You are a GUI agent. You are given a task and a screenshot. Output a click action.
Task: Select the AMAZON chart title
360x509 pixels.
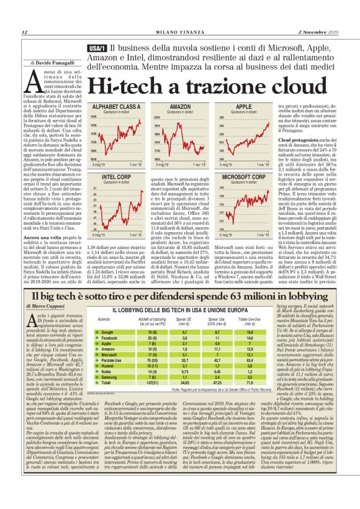(x=162, y=107)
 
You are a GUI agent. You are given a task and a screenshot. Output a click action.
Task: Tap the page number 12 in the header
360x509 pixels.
(x=25, y=32)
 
